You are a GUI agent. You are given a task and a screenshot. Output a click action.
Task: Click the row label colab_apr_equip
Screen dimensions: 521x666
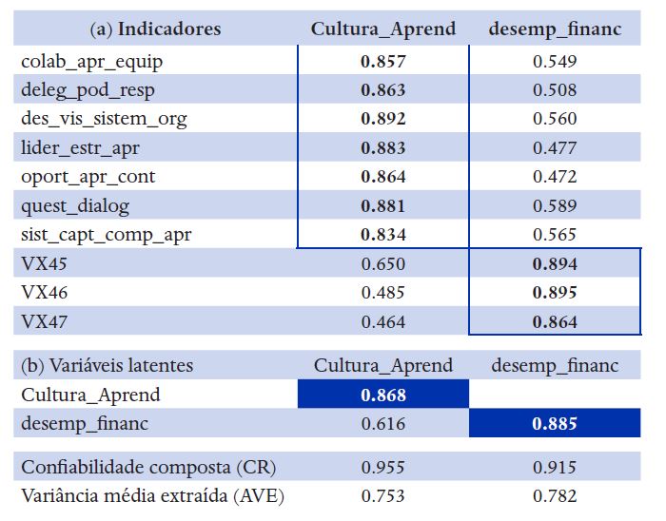(x=91, y=63)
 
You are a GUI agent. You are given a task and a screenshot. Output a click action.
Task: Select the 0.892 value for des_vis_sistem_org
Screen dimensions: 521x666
(x=382, y=120)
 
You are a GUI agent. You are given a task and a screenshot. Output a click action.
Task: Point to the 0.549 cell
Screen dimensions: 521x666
(x=555, y=63)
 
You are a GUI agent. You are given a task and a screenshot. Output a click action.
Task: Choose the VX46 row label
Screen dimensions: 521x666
(x=45, y=293)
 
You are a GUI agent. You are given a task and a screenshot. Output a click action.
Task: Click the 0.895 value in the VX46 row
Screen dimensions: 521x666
(x=555, y=293)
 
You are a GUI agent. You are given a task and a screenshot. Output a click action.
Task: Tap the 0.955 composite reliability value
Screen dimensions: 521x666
(x=382, y=468)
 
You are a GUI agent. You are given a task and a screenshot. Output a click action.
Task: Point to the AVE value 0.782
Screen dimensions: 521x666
(x=555, y=496)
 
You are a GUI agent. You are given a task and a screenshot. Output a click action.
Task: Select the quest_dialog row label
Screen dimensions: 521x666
(x=74, y=205)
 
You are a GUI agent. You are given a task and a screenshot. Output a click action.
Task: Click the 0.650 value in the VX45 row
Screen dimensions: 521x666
(x=382, y=264)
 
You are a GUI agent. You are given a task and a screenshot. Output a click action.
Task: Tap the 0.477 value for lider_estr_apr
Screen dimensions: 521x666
(x=555, y=148)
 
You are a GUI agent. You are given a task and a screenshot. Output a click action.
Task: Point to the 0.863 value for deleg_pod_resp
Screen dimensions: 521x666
(x=382, y=91)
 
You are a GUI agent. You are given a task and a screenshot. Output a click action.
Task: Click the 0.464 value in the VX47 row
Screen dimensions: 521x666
(x=382, y=322)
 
